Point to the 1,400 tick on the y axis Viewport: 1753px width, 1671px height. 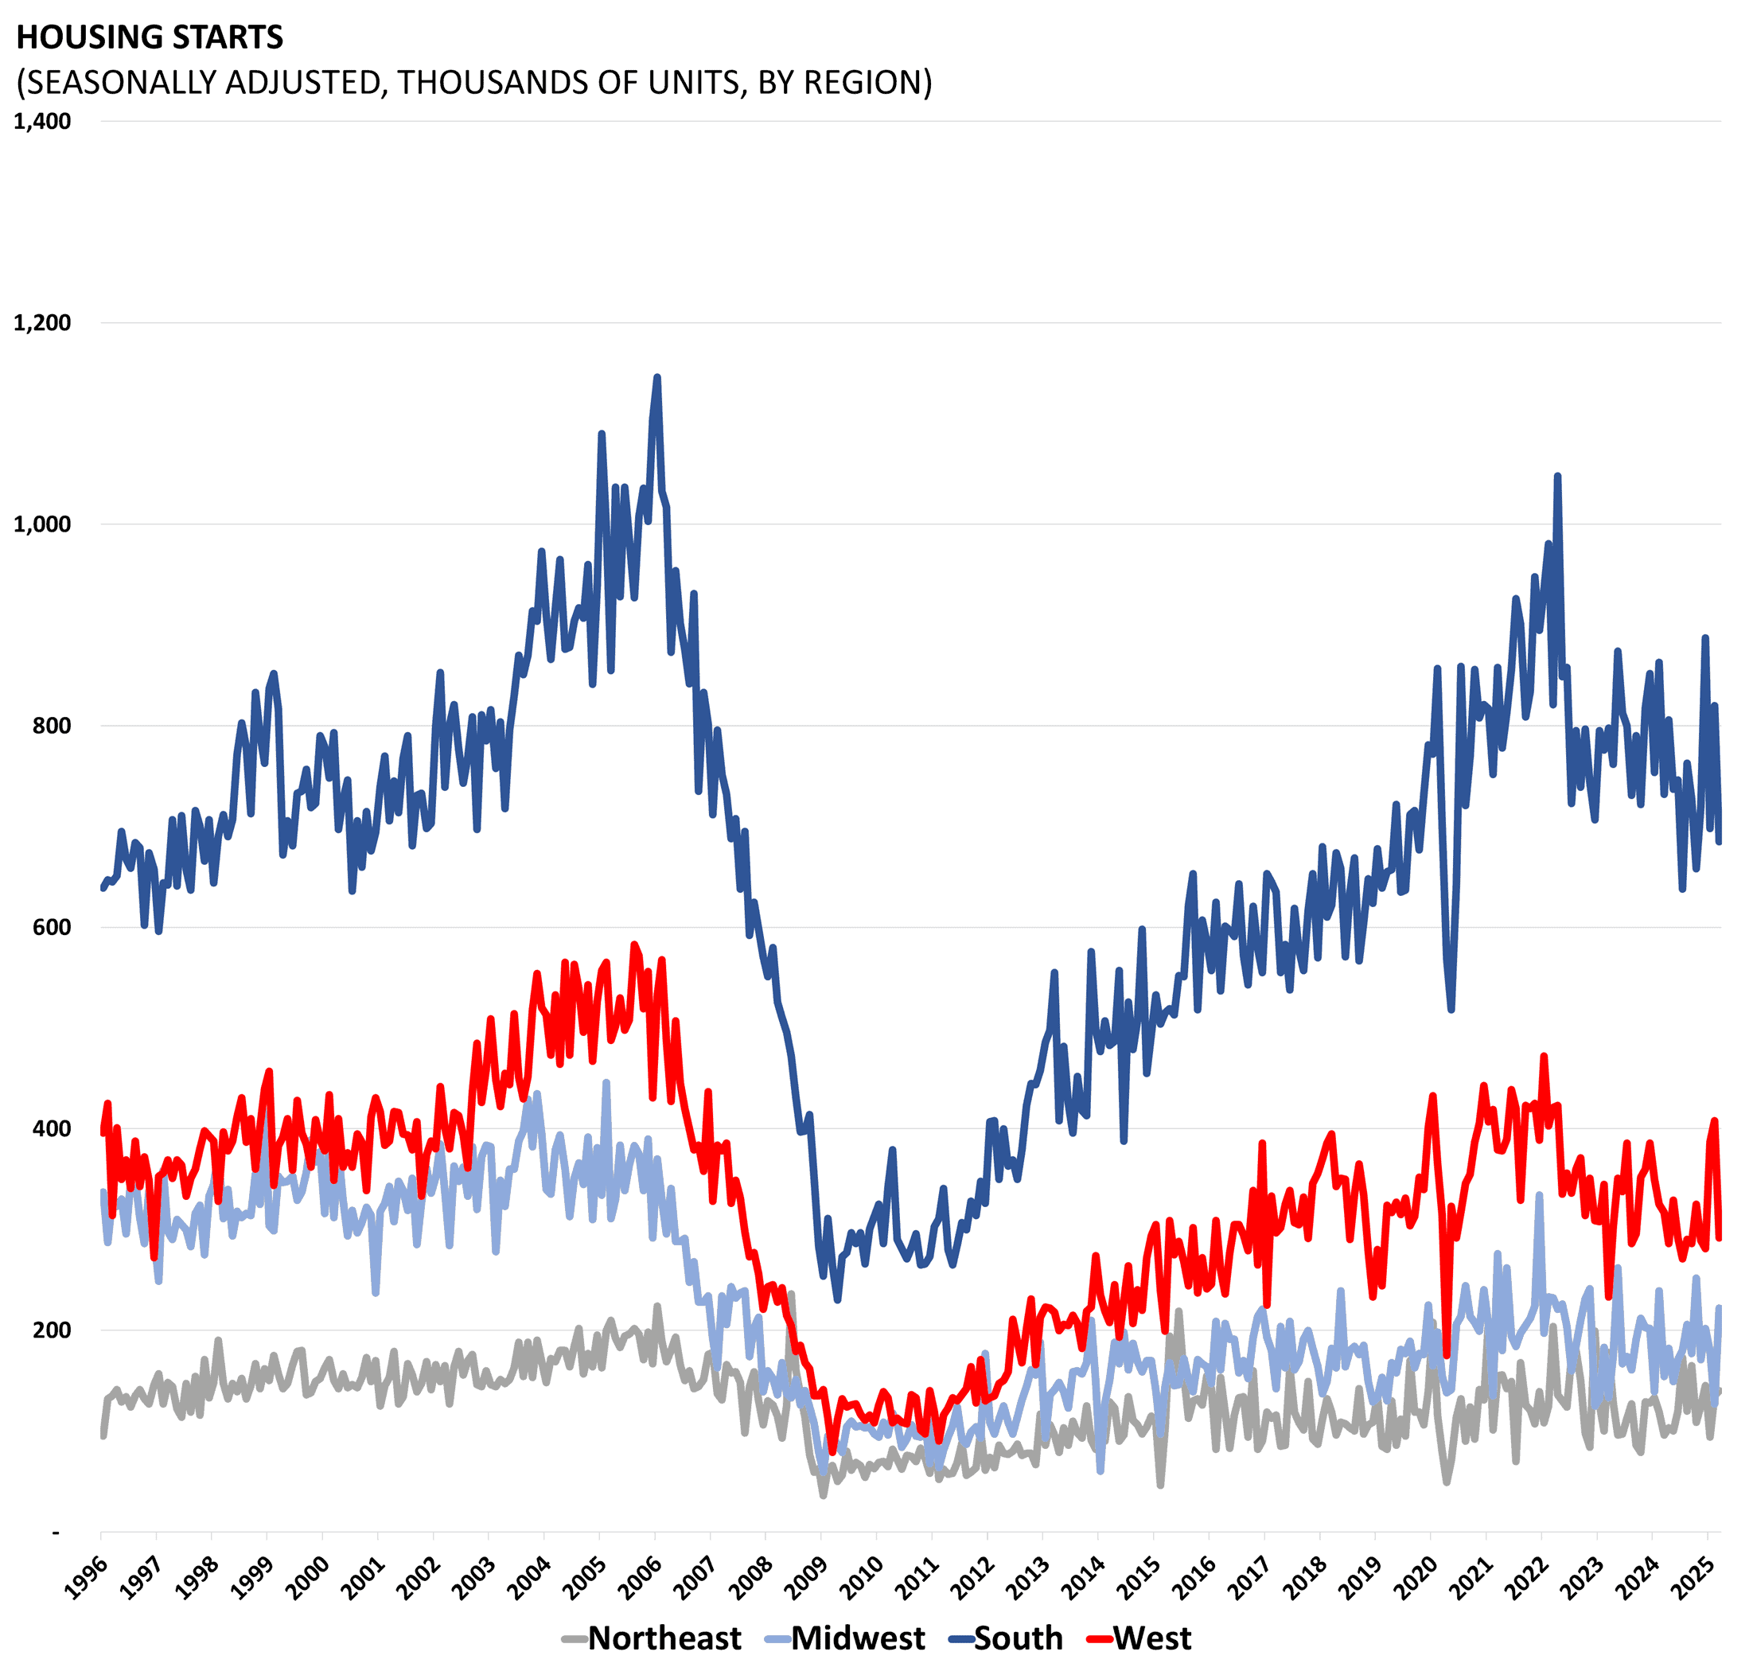tap(43, 121)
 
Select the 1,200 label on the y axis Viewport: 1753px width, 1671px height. tap(43, 322)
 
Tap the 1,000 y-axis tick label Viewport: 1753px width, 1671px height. tap(43, 524)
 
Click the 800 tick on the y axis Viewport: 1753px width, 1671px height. tap(52, 725)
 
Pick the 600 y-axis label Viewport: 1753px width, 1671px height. tap(52, 926)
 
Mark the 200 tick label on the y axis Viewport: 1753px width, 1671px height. tap(52, 1329)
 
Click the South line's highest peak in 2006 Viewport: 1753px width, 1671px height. tap(657, 378)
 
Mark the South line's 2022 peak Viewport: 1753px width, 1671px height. tap(1557, 477)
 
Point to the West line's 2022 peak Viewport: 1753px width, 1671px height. tap(1544, 1057)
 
